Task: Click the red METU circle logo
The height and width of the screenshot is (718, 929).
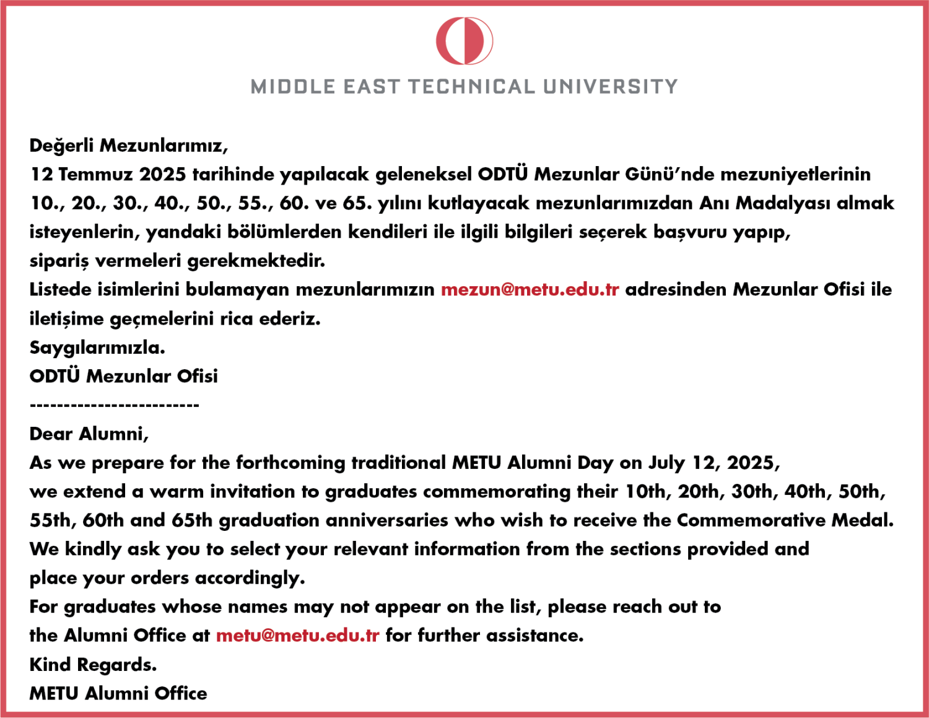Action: tap(464, 41)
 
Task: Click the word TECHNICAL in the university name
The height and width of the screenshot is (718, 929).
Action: tap(471, 87)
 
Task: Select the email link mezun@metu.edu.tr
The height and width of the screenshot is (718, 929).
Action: tap(530, 289)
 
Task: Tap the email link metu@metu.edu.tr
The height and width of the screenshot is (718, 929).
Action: tap(297, 636)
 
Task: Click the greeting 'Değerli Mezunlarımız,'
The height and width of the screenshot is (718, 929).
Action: tap(129, 146)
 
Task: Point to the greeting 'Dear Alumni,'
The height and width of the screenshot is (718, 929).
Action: tap(89, 434)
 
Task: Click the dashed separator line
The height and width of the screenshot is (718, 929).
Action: tap(115, 405)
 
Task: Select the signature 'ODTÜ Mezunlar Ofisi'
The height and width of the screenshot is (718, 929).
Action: tap(124, 376)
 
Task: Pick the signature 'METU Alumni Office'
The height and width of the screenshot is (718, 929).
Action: tap(118, 693)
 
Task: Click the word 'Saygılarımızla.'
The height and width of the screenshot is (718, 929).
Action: tap(97, 348)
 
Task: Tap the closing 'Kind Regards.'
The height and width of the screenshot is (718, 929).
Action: tap(93, 665)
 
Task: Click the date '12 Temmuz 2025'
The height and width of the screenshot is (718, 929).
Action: tap(108, 174)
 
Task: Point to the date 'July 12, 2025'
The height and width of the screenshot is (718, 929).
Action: tap(713, 463)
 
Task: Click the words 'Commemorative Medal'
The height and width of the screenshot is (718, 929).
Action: tap(785, 520)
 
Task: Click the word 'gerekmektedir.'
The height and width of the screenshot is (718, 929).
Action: tap(256, 261)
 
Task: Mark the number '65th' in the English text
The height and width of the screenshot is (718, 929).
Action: tap(192, 520)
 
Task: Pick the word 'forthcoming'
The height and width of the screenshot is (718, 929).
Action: tap(290, 463)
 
